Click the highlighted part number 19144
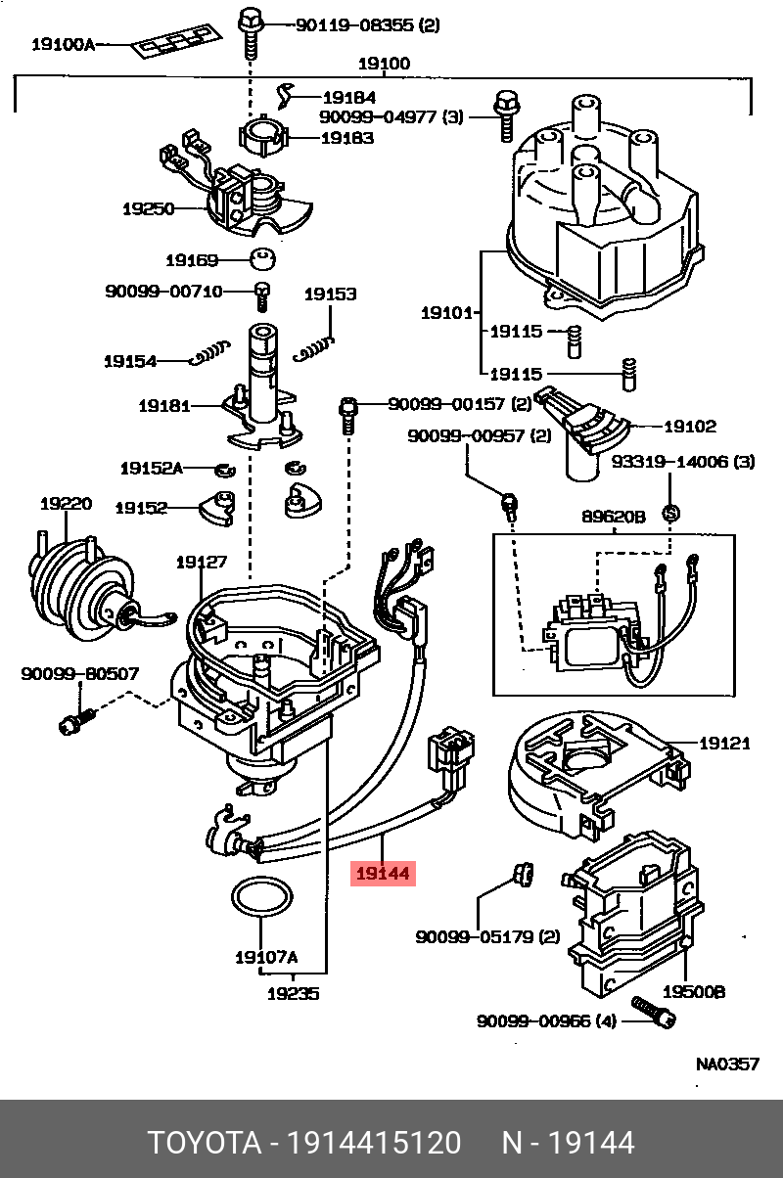pos(383,873)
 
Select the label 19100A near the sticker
pos(63,43)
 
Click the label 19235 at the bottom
pos(293,993)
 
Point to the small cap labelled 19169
pos(262,260)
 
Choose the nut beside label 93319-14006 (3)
pos(671,512)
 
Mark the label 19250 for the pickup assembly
pos(148,208)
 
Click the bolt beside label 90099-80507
pos(74,721)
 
